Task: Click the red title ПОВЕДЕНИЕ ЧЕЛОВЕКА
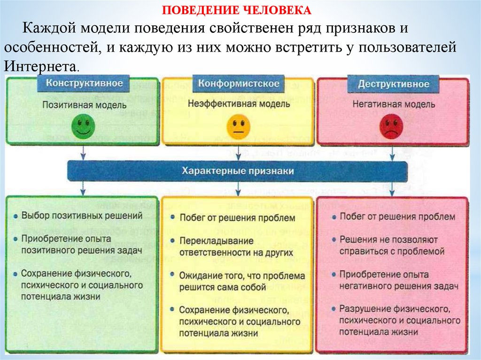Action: click(x=237, y=10)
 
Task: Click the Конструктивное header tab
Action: click(x=85, y=84)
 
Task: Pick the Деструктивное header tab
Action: click(x=393, y=84)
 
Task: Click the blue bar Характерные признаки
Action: click(x=237, y=171)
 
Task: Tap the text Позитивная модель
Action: click(x=85, y=105)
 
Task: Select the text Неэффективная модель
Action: click(x=239, y=104)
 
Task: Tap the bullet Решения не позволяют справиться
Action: click(x=392, y=245)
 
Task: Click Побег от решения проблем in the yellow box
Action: click(x=237, y=218)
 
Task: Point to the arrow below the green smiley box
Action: click(x=83, y=153)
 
